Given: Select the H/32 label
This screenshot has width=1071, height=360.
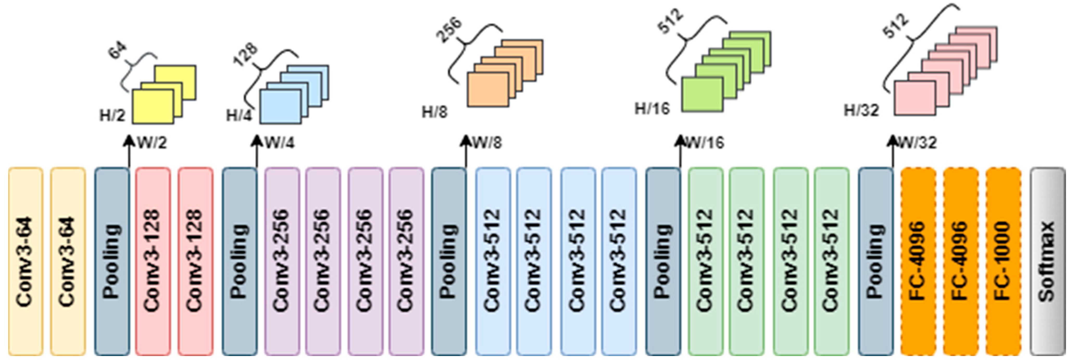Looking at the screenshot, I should (x=861, y=110).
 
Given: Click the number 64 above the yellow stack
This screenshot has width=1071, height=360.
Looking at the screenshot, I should (x=118, y=52).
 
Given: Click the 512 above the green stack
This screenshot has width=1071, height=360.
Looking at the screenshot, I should (x=670, y=22).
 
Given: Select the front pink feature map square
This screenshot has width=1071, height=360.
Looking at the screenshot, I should (x=915, y=98).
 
